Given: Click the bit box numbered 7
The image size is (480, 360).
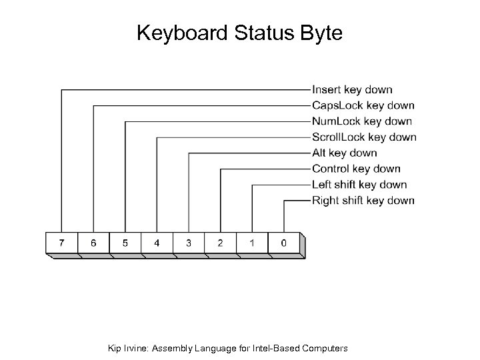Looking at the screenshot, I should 61,243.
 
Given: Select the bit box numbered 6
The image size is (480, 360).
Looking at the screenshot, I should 93,243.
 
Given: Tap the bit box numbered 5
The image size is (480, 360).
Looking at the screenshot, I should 125,243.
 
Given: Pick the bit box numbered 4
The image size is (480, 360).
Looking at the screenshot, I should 157,243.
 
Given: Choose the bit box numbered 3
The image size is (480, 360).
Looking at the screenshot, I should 189,243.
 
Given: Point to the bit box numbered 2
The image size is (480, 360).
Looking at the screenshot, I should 220,243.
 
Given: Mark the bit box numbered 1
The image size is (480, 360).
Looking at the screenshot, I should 252,243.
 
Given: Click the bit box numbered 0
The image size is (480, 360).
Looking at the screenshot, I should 284,243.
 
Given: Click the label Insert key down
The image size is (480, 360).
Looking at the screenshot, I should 352,89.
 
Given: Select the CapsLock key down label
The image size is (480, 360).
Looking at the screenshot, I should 363,105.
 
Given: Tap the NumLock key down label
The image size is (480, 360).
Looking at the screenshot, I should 362,121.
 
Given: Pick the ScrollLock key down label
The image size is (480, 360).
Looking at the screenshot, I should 364,137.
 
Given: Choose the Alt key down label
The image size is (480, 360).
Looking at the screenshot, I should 344,153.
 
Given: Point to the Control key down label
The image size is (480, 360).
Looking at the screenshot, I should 356,169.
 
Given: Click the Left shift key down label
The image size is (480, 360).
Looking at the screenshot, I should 359,185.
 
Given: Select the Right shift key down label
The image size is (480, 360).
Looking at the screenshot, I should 363,201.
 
